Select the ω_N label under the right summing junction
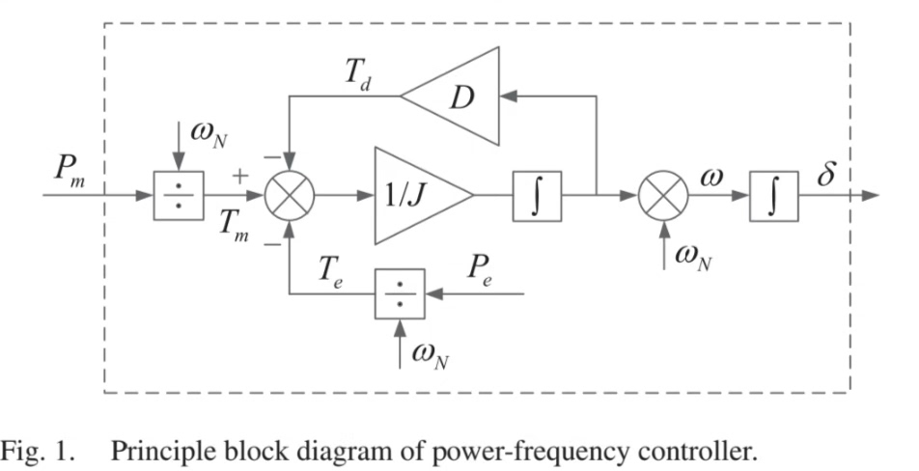coord(692,255)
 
